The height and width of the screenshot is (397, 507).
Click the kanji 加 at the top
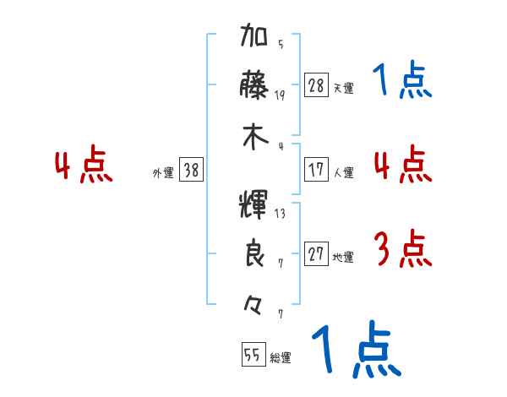click(254, 39)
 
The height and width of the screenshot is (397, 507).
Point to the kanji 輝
click(254, 205)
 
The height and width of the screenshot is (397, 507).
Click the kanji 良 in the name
click(254, 253)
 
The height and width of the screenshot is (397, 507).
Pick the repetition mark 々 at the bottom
click(254, 300)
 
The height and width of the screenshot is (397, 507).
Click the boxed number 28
click(317, 85)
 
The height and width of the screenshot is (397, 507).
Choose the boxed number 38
click(192, 171)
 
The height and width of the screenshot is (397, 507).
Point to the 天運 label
click(343, 88)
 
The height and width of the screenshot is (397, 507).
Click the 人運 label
click(343, 172)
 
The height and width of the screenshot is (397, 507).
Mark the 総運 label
click(281, 358)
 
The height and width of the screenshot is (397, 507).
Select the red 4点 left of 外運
click(84, 166)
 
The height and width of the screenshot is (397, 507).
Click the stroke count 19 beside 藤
click(280, 95)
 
